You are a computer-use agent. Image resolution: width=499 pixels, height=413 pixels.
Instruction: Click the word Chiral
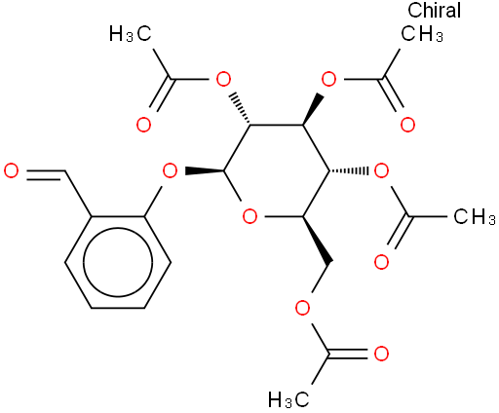pyautogui.click(x=434, y=11)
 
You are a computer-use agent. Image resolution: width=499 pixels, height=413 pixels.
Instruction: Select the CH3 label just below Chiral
pyautogui.click(x=422, y=33)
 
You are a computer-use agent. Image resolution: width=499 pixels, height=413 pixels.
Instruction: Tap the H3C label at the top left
pyautogui.click(x=131, y=33)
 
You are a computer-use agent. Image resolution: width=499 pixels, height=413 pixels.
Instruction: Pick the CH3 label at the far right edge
pyautogui.click(x=475, y=216)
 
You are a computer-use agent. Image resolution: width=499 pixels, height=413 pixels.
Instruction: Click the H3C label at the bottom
pyautogui.click(x=288, y=399)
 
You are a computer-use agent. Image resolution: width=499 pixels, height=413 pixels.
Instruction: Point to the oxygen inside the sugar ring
pyautogui.click(x=249, y=216)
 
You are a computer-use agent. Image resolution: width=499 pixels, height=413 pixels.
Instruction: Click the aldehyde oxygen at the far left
pyautogui.click(x=11, y=171)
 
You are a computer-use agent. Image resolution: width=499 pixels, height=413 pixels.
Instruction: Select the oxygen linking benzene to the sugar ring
pyautogui.click(x=170, y=171)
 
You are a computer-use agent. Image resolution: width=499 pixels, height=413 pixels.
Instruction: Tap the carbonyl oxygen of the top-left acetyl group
pyautogui.click(x=143, y=126)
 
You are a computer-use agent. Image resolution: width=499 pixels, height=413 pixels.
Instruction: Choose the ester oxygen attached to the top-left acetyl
pyautogui.click(x=223, y=79)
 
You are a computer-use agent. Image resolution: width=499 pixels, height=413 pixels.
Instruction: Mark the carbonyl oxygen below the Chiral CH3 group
pyautogui.click(x=407, y=126)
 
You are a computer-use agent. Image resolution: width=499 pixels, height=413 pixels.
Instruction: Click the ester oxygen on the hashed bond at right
pyautogui.click(x=381, y=171)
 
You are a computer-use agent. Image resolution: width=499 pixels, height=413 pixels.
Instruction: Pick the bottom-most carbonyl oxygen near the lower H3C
pyautogui.click(x=381, y=354)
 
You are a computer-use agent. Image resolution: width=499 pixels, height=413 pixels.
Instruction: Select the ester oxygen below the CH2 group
pyautogui.click(x=302, y=308)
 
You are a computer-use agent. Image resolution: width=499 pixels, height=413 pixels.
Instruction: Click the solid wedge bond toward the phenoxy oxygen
pyautogui.click(x=205, y=170)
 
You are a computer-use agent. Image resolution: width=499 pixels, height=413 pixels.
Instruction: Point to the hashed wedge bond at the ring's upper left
pyautogui.click(x=240, y=110)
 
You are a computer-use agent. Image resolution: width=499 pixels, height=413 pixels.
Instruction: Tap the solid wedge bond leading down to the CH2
pyautogui.click(x=318, y=240)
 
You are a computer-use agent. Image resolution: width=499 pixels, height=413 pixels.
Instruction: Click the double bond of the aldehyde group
pyautogui.click(x=46, y=174)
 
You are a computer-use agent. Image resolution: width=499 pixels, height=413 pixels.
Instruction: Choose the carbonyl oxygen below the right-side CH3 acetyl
pyautogui.click(x=381, y=262)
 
